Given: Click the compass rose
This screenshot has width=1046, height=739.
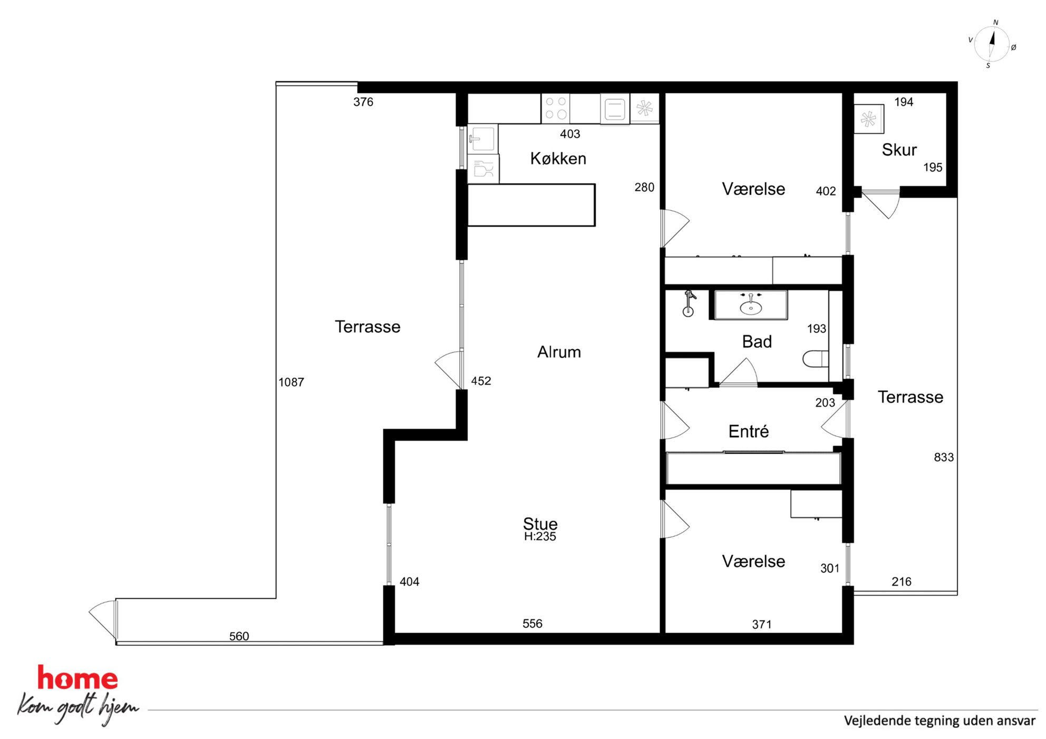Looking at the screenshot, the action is [992, 44].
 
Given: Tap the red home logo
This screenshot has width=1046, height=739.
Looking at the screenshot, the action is [78, 678].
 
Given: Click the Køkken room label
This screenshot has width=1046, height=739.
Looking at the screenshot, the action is [558, 159].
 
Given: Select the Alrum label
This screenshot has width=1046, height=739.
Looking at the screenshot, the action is [559, 352].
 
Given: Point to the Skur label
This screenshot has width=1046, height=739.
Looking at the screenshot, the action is [899, 150].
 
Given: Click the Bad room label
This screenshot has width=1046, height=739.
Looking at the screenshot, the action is [757, 342].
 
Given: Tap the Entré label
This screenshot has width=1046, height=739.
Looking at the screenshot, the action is [748, 431].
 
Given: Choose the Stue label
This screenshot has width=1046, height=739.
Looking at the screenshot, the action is [540, 523].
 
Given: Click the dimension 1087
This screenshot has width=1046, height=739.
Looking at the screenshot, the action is [291, 382].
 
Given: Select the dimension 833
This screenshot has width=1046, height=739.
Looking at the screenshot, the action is [944, 457].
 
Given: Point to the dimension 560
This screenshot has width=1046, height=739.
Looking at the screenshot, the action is [239, 636].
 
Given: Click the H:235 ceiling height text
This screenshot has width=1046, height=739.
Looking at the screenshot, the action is [540, 537].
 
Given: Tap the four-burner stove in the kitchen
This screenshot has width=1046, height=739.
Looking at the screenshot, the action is [555, 108].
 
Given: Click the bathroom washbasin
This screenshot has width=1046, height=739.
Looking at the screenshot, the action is [751, 305].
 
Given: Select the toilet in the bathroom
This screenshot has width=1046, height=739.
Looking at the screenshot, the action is [815, 359].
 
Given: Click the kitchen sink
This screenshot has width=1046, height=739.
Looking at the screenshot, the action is [482, 139].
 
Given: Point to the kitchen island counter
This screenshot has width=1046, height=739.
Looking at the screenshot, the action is [531, 205].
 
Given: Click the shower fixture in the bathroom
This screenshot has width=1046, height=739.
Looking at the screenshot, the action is [689, 303].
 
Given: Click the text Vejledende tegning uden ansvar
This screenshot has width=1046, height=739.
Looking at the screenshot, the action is [940, 721].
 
